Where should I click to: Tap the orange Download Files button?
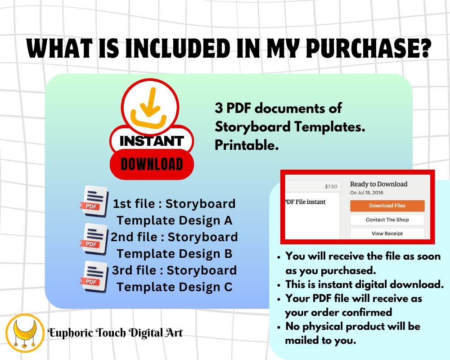[387, 206]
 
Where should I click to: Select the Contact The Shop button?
[387, 220]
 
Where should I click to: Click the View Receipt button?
[387, 234]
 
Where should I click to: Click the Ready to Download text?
[378, 184]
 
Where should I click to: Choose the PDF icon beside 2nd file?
[95, 238]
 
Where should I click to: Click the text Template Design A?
[174, 220]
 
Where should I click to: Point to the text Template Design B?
[174, 254]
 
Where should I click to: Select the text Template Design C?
[174, 287]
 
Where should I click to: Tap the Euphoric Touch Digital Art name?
[115, 333]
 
